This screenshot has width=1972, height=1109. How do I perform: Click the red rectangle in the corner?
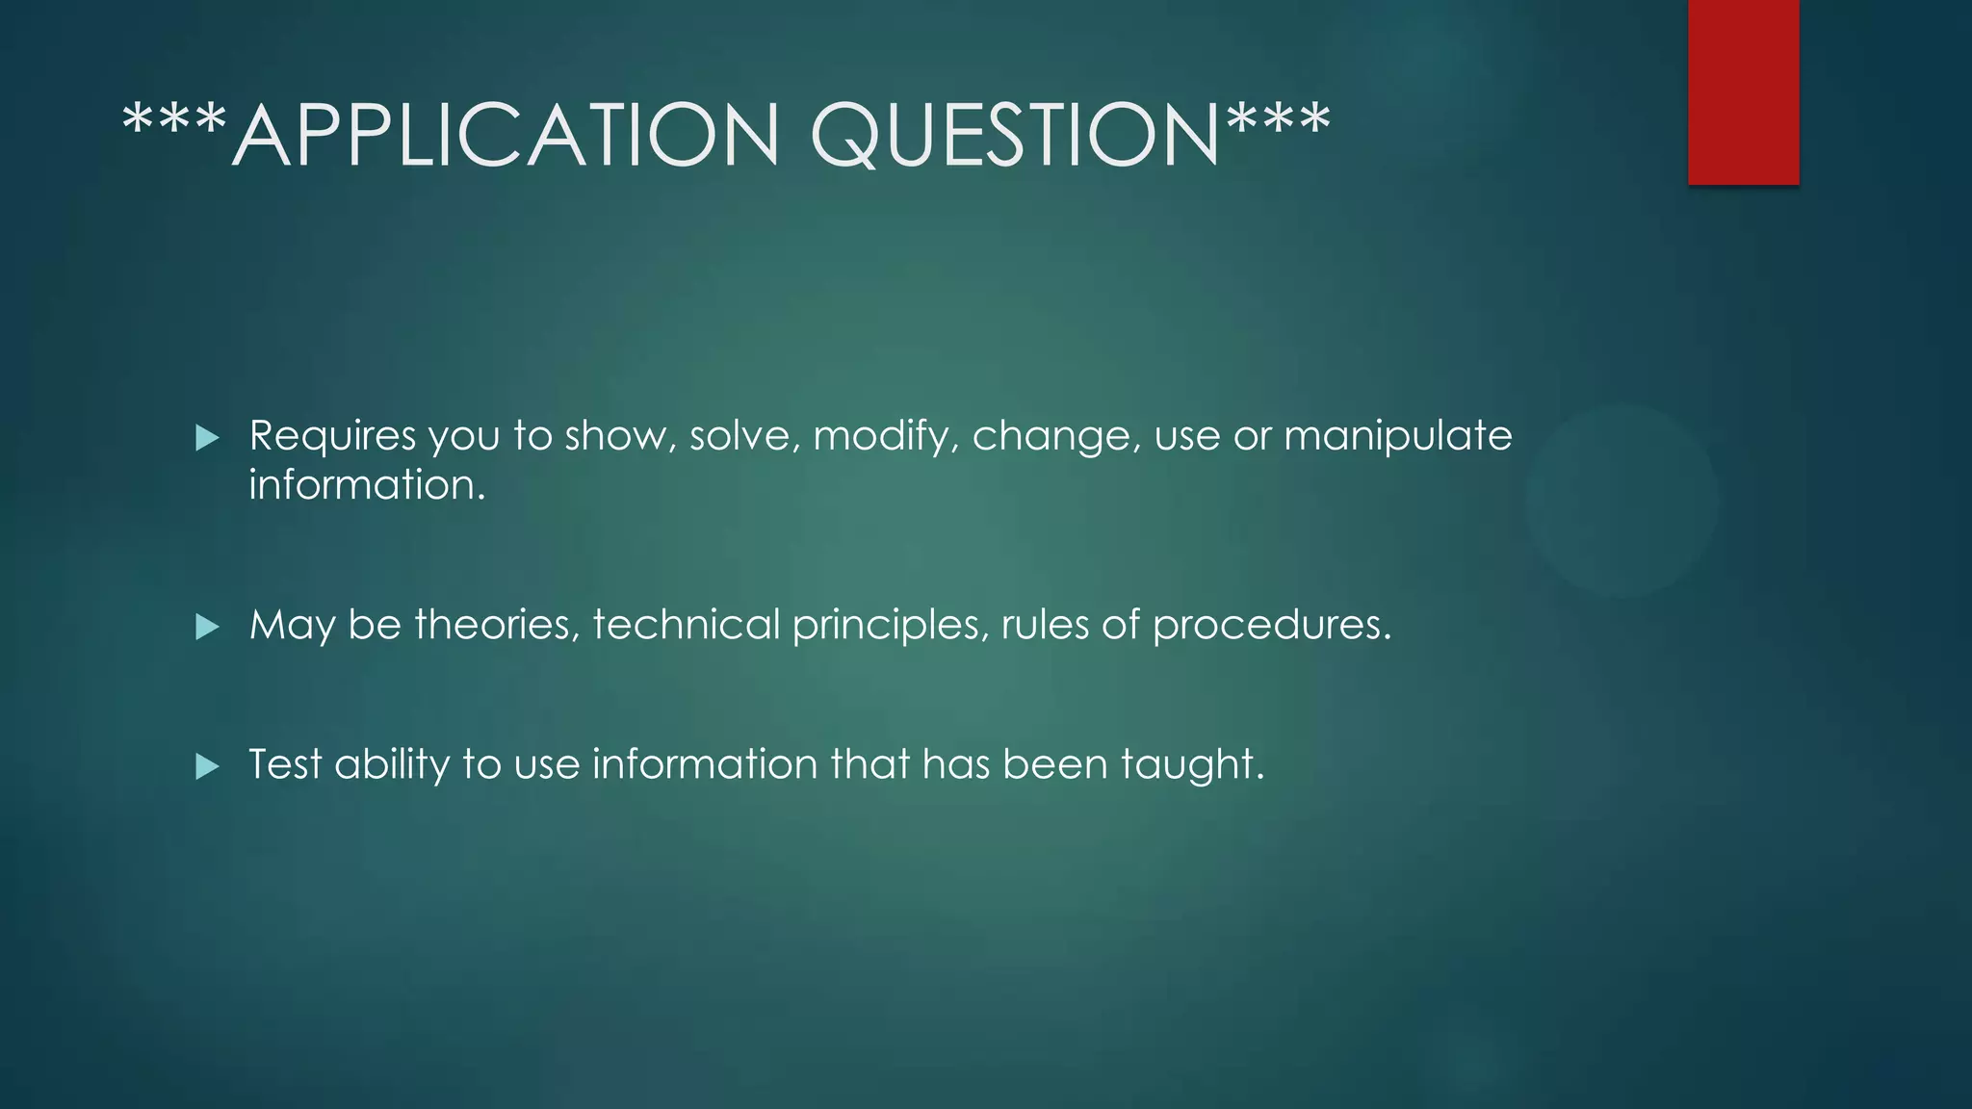coord(1743,91)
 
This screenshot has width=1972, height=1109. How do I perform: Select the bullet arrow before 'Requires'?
coord(207,439)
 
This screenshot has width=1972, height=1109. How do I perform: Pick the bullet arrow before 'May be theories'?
coord(207,628)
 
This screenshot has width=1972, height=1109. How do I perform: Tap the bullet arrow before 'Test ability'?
coord(207,767)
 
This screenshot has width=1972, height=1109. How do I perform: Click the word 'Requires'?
coord(332,436)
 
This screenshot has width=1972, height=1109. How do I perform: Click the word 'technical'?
coord(686,625)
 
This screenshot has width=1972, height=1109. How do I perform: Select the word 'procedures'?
coord(1271,627)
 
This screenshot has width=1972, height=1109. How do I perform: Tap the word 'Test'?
coord(285,764)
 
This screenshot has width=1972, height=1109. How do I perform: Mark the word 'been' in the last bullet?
coord(1054,764)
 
